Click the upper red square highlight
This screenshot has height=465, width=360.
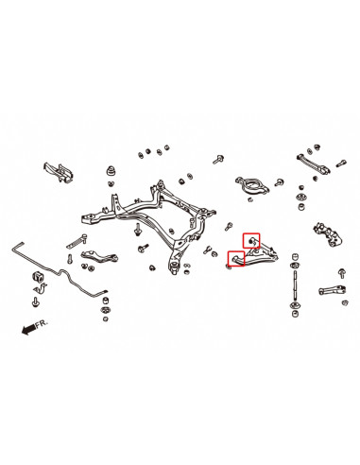point(251,241)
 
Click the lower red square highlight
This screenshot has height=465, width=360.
point(235,259)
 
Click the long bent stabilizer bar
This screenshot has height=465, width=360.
point(66,274)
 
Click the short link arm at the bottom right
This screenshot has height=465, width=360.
point(332,290)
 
